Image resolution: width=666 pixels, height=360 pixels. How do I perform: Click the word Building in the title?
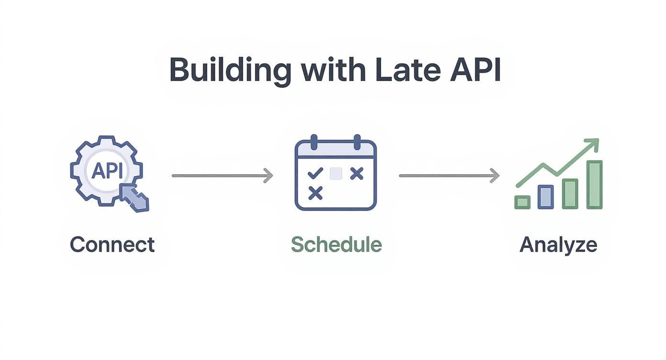[230, 70]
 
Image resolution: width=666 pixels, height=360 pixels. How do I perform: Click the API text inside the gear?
[106, 171]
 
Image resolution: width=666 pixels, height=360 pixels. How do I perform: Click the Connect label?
[112, 245]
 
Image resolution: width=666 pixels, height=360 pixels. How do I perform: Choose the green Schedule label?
[336, 245]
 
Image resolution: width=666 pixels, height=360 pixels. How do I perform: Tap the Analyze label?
[558, 245]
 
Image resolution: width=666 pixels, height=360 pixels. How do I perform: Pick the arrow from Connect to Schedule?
[222, 176]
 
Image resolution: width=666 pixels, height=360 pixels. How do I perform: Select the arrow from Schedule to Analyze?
[449, 176]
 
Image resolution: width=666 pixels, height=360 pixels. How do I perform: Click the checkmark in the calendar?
[315, 173]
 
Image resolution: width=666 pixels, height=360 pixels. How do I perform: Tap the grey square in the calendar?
[336, 173]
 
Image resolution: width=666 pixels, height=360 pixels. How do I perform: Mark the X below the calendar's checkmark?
[315, 193]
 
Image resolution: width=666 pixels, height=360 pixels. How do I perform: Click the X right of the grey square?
[356, 173]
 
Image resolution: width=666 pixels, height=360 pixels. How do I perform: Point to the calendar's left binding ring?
[314, 142]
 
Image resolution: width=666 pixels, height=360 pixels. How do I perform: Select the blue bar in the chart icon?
[545, 196]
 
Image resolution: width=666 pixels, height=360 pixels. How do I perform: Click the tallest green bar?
[594, 184]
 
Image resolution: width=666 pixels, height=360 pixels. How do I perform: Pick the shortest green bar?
[522, 202]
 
